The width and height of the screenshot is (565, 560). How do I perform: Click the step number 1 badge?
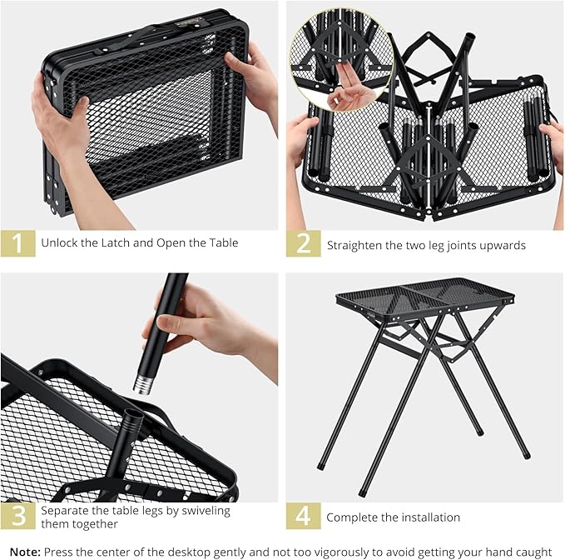(x=18, y=242)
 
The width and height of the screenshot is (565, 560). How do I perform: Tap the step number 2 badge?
(x=304, y=242)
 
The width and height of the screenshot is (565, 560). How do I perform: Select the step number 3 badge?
(x=18, y=516)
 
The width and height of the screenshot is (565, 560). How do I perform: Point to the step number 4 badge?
(x=304, y=516)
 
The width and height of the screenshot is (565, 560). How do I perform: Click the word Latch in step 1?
(x=116, y=242)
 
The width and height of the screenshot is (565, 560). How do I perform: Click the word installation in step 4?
(x=430, y=517)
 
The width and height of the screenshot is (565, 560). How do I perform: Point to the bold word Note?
(x=25, y=552)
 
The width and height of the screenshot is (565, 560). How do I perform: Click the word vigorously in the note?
(x=338, y=552)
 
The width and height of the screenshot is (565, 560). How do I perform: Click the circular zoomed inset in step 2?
(x=342, y=60)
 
